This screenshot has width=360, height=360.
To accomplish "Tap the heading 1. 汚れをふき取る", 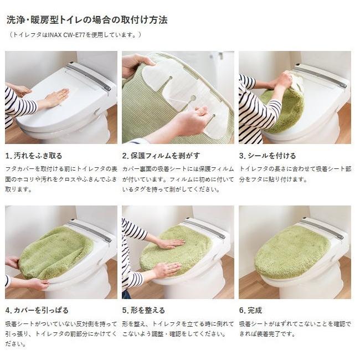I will tap(34, 156).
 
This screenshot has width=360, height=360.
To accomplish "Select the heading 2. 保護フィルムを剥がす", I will tap(161, 156).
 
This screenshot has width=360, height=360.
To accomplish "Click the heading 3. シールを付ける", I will tap(268, 156).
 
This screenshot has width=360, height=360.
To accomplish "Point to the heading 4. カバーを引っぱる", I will tap(37, 310).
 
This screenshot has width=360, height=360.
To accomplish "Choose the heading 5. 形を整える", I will tap(143, 310).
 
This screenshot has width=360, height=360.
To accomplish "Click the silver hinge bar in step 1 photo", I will tap(89, 76).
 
